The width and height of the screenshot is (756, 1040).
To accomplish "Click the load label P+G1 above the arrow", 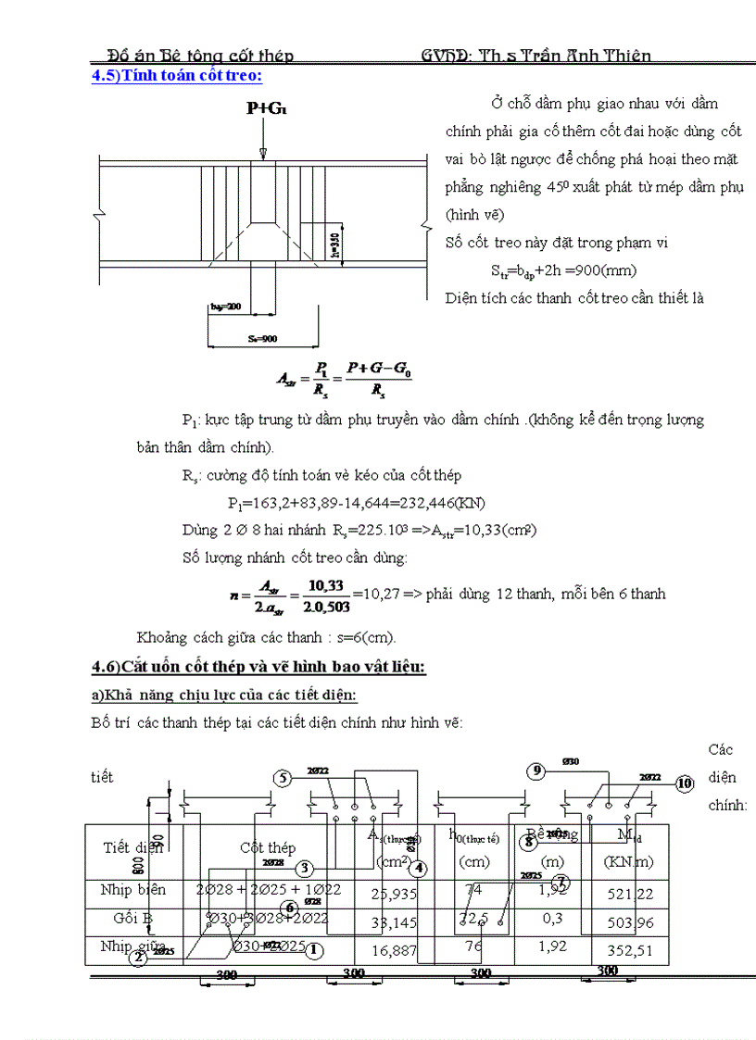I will pyautogui.click(x=266, y=109).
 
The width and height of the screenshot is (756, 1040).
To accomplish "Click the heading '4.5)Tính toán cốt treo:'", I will pyautogui.click(x=176, y=76).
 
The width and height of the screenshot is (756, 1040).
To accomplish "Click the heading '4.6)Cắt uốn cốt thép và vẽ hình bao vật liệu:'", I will pyautogui.click(x=258, y=667).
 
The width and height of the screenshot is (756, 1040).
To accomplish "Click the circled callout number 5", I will pyautogui.click(x=283, y=778).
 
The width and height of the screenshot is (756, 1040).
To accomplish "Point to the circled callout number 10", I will pyautogui.click(x=685, y=783).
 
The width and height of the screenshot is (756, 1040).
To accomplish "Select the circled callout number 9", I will pyautogui.click(x=536, y=771).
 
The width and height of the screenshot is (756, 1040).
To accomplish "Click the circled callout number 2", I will pyautogui.click(x=138, y=958).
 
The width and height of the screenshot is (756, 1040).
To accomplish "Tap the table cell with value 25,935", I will pyautogui.click(x=394, y=894).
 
